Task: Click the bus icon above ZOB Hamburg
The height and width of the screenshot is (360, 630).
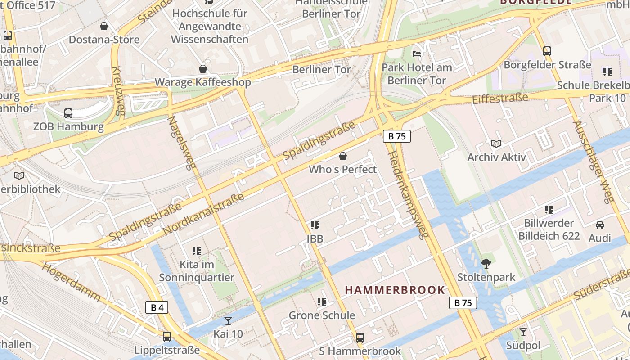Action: pyautogui.click(x=68, y=113)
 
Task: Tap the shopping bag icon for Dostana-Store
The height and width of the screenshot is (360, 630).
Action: pyautogui.click(x=104, y=26)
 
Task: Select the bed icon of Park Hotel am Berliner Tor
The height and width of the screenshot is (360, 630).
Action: pyautogui.click(x=417, y=54)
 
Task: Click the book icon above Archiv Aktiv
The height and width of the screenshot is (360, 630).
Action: pyautogui.click(x=496, y=144)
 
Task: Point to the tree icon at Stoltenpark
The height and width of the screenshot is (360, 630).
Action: pyautogui.click(x=486, y=264)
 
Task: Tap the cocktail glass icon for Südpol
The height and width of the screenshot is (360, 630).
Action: pyautogui.click(x=523, y=332)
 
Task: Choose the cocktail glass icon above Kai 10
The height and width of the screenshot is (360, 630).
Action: pyautogui.click(x=228, y=320)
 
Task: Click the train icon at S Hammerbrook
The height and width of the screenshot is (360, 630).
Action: pyautogui.click(x=360, y=337)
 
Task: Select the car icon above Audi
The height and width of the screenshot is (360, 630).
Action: pyautogui.click(x=599, y=225)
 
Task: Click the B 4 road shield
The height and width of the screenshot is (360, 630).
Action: pyautogui.click(x=157, y=308)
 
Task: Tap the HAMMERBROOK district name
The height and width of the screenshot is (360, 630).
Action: pyautogui.click(x=395, y=290)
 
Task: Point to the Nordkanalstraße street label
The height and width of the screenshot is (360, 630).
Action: pyautogui.click(x=203, y=214)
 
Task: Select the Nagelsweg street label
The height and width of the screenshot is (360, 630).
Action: pyautogui.click(x=182, y=143)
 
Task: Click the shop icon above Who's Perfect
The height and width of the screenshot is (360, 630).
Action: pyautogui.click(x=343, y=156)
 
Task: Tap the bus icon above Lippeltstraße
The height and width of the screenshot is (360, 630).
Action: pyautogui.click(x=167, y=336)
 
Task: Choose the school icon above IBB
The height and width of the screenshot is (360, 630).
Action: pyautogui.click(x=315, y=225)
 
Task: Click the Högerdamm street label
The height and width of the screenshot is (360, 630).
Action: pyautogui.click(x=72, y=282)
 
